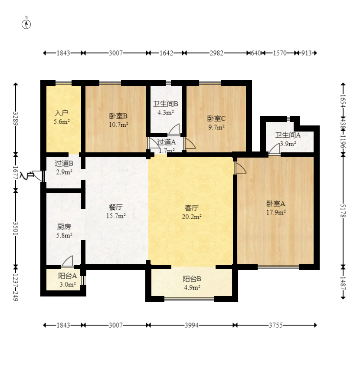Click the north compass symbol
tap(26, 24)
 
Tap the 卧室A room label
tap(275, 204)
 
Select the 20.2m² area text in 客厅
tap(192, 217)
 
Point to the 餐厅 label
tap(116, 207)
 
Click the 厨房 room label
tap(64, 227)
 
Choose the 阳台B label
tap(192, 279)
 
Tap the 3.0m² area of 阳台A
tap(67, 284)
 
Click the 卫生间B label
tap(166, 104)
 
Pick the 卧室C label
tap(216, 119)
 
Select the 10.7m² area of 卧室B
tap(118, 125)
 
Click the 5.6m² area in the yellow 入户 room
tap(62, 122)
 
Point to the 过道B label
tap(64, 164)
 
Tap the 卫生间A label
tap(288, 135)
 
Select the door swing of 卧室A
tap(240, 168)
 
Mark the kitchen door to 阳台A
tap(67, 261)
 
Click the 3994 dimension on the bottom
tap(192, 325)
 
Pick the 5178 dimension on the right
tap(343, 211)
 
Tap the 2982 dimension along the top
tap(216, 53)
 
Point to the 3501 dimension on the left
tap(15, 229)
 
